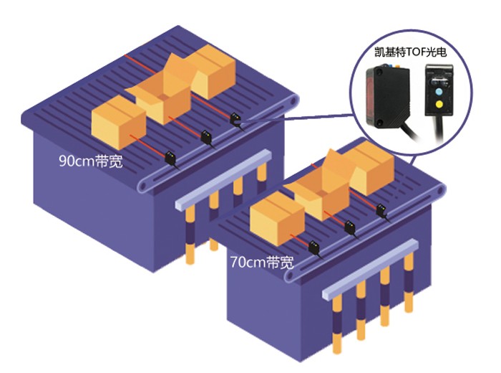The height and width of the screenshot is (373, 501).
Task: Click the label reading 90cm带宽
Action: (x=90, y=161)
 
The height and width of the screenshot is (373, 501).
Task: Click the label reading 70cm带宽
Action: (x=261, y=262)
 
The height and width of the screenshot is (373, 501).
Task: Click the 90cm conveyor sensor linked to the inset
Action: (x=237, y=119)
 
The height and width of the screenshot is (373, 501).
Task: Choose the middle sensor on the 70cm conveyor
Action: (x=351, y=228)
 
